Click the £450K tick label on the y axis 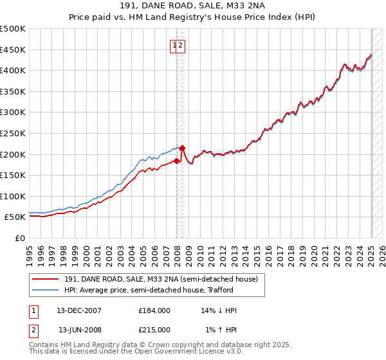13,50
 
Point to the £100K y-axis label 13,196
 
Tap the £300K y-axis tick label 13,113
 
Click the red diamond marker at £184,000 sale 176,161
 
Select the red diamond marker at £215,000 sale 182,148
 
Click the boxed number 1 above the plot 174,45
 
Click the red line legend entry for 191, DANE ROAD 161,279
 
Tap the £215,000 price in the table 154,329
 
